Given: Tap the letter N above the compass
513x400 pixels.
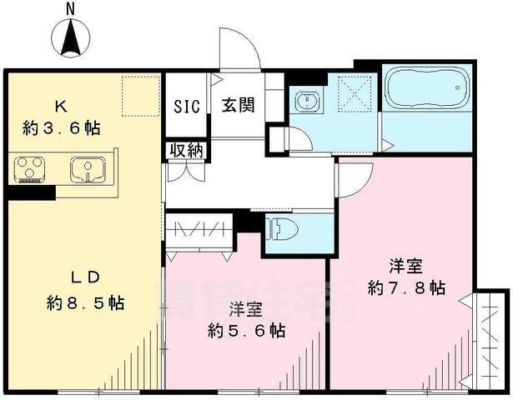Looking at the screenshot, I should point(71,8).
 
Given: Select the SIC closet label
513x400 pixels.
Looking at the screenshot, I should point(186,107).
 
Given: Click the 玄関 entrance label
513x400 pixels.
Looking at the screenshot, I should point(238,107).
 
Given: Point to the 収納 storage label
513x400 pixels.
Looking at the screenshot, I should point(186,150).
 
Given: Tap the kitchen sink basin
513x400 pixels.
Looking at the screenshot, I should point(87,169).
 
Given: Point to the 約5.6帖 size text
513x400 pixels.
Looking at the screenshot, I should point(246,331).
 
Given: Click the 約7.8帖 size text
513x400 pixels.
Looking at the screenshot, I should point(406,287).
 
